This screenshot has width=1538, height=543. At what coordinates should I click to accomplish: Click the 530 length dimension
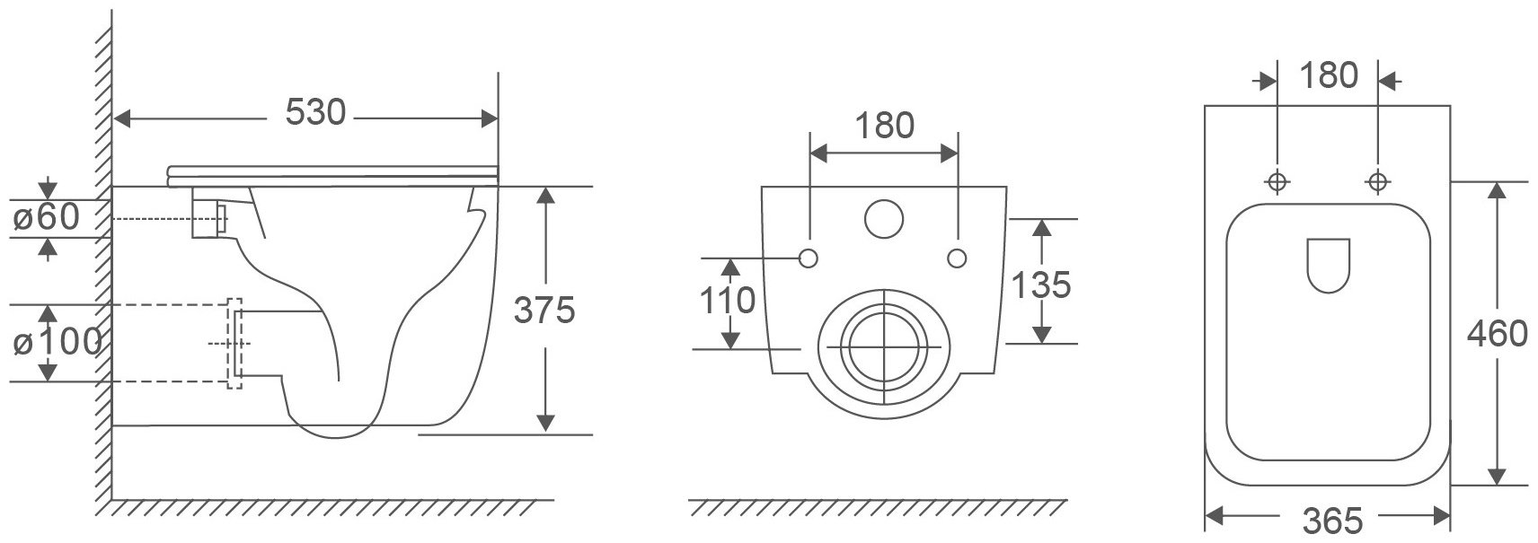click(315, 112)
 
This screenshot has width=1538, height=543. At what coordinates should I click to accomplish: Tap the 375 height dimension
click(544, 310)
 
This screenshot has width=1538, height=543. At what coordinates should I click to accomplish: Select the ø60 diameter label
click(47, 217)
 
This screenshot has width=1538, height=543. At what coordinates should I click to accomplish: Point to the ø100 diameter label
click(57, 342)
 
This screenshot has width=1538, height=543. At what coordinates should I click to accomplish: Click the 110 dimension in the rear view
click(727, 301)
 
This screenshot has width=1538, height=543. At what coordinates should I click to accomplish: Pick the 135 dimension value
click(1041, 285)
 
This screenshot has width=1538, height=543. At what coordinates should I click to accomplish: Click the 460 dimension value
click(1497, 335)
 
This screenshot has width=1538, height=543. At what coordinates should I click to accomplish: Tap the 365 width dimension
click(1332, 521)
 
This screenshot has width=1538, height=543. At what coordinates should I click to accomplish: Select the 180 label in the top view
click(1329, 75)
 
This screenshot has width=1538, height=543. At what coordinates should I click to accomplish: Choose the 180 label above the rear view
click(884, 127)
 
